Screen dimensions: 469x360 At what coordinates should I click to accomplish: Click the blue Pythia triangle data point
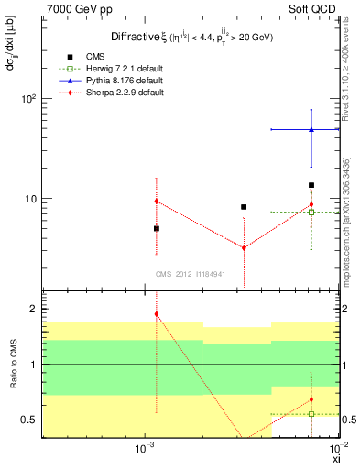click(311, 130)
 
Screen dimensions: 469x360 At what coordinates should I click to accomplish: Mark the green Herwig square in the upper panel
click(311, 213)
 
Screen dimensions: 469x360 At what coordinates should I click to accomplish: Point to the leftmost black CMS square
click(157, 228)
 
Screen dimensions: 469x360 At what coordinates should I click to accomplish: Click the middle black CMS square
click(244, 207)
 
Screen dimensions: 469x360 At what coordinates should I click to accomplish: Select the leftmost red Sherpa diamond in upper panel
click(157, 201)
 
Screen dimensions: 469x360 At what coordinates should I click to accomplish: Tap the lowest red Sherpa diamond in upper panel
click(244, 247)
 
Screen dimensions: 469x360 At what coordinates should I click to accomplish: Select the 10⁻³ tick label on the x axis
click(142, 449)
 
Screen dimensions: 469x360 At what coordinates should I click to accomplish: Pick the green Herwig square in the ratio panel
click(311, 414)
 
